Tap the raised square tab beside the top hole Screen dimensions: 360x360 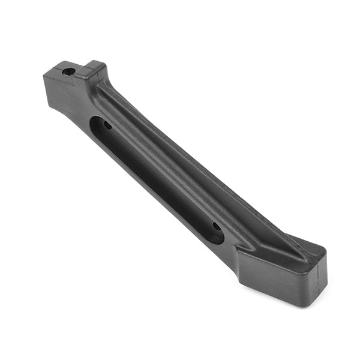[x=92, y=70]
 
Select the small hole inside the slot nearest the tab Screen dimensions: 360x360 [x=108, y=125]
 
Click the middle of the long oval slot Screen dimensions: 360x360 [x=157, y=180]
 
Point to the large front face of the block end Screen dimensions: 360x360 [x=276, y=277]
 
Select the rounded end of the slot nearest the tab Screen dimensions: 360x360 [x=95, y=123]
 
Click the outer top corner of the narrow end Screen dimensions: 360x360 [x=46, y=76]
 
